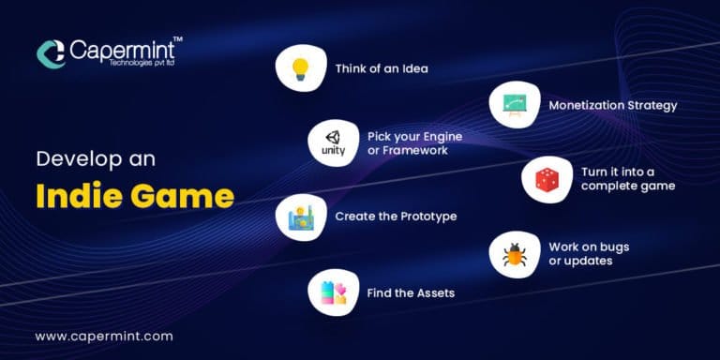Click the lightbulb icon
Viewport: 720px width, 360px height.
click(x=300, y=67)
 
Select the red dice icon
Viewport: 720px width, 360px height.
click(x=547, y=179)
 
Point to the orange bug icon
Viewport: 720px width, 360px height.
click(x=515, y=253)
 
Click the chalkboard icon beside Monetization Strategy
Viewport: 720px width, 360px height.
click(x=514, y=105)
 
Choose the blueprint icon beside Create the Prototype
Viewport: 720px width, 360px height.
click(x=300, y=217)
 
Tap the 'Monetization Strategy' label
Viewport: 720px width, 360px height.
click(x=612, y=105)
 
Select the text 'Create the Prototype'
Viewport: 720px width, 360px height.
click(x=396, y=217)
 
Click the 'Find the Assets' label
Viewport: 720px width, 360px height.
click(x=411, y=292)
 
